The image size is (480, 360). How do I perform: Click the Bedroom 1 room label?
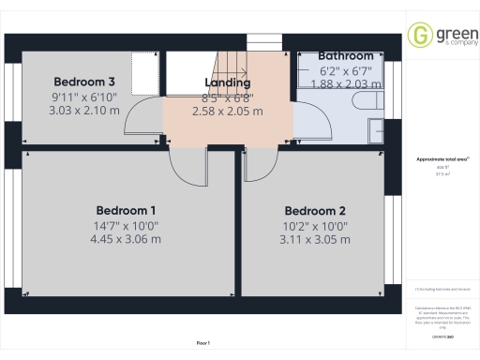[x=127, y=210]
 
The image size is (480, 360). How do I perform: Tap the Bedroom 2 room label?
[x=315, y=210]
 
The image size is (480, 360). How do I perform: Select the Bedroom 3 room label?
[x=84, y=81]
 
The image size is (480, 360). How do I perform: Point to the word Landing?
[x=228, y=82]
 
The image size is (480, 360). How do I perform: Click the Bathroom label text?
[x=346, y=56]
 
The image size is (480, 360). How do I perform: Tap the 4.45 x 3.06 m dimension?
[x=127, y=239]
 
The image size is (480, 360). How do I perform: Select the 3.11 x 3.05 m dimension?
[x=315, y=239]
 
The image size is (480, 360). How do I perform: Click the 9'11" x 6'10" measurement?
[x=84, y=96]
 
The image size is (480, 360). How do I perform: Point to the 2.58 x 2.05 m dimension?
[x=228, y=111]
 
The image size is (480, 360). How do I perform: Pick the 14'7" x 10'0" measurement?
[x=127, y=225]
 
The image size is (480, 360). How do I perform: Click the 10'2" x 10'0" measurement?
[x=315, y=225]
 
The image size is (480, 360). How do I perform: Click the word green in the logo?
[x=446, y=33]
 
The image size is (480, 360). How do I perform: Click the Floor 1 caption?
[x=203, y=344]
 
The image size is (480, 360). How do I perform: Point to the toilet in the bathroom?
[x=361, y=101]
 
